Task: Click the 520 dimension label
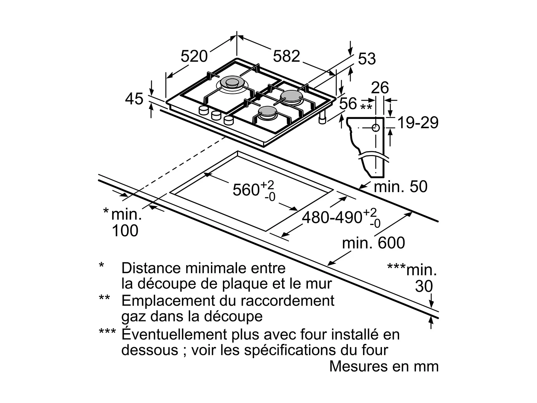click(x=194, y=56)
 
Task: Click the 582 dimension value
click(x=286, y=56)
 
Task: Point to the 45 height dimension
click(x=134, y=99)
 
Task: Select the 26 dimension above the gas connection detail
click(x=380, y=88)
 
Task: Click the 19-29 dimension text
click(x=418, y=123)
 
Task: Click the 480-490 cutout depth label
click(x=332, y=217)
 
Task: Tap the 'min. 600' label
click(x=373, y=243)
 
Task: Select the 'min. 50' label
click(x=401, y=187)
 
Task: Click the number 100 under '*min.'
click(x=125, y=231)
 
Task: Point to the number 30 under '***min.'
click(x=424, y=287)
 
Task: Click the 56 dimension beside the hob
click(x=348, y=104)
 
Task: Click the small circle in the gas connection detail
click(x=376, y=128)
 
